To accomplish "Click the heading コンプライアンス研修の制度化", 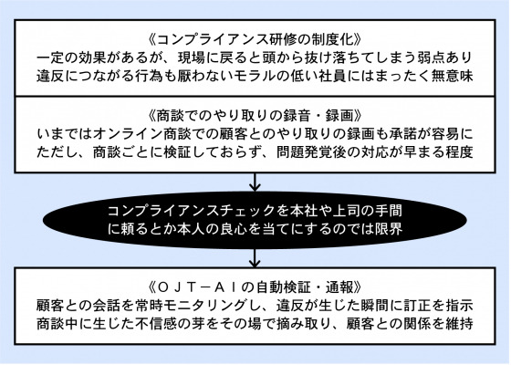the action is click(255, 40).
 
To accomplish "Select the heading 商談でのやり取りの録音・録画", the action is click(255, 116).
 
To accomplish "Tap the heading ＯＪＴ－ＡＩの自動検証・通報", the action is click(255, 287).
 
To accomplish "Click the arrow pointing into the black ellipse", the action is click(255, 182).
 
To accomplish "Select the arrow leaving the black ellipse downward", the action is click(255, 258).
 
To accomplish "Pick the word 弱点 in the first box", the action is click(430, 58).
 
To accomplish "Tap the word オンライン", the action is click(128, 134).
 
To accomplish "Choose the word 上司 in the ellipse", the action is click(347, 211).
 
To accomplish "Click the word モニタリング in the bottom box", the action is click(205, 306).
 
